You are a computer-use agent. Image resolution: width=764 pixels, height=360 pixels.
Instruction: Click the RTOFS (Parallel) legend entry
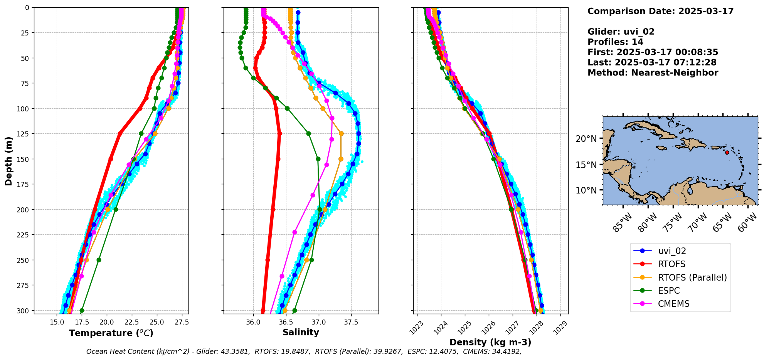pos(692,278)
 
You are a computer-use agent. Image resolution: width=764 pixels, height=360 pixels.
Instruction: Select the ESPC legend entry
pos(669,291)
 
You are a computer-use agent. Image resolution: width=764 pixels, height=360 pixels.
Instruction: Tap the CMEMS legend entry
pos(673,304)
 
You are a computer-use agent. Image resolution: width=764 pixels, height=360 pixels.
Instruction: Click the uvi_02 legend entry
pos(672,251)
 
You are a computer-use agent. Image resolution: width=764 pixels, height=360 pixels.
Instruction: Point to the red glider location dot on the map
pos(727,152)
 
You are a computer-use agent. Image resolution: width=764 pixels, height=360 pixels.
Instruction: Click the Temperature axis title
pos(111,333)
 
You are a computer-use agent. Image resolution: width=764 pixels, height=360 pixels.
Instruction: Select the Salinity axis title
pos(301,332)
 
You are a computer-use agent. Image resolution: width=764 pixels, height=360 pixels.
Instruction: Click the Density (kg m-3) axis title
pos(490,342)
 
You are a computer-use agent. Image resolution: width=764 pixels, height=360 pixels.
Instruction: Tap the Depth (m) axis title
pos(8,161)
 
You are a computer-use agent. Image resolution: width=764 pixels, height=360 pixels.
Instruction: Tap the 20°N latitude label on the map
pos(586,139)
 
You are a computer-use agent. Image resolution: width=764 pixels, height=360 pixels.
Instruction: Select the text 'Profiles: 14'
pos(615,42)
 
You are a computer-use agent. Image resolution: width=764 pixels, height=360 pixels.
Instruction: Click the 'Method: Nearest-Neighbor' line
pos(653,73)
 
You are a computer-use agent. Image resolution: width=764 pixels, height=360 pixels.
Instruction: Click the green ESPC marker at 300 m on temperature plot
pos(82,310)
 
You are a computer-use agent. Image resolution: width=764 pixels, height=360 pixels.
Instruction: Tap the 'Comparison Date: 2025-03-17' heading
pos(660,11)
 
